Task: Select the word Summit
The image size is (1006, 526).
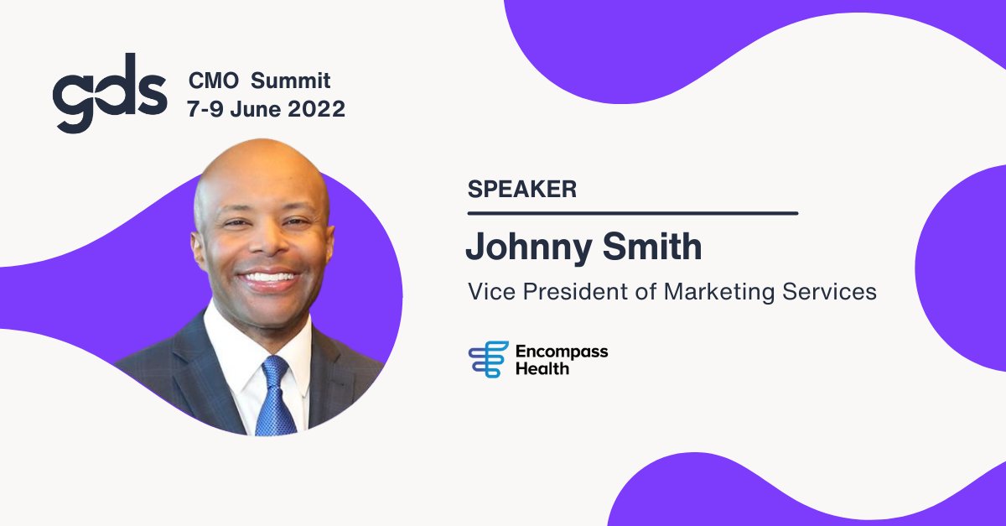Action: point(291,81)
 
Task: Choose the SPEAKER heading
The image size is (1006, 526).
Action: point(521,189)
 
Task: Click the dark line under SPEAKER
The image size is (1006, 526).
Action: point(632,213)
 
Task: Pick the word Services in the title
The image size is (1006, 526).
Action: point(833,292)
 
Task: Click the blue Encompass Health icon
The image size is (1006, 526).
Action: point(488,359)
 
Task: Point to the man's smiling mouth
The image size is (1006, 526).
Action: point(270,277)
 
